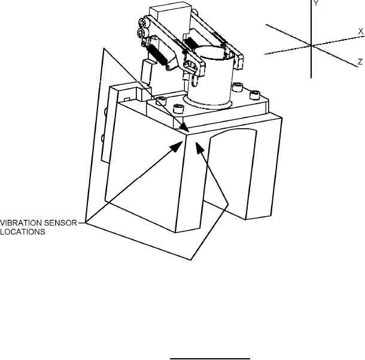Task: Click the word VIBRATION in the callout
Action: click(21, 223)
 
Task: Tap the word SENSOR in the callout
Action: click(60, 223)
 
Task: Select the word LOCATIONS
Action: click(23, 232)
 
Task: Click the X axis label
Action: click(361, 32)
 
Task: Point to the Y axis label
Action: click(316, 3)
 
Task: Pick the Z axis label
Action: click(360, 62)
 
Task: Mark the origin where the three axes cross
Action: click(311, 45)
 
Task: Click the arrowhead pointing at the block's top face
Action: click(184, 127)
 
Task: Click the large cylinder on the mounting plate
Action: click(211, 77)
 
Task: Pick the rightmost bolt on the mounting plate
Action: click(255, 95)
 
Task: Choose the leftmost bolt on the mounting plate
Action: click(162, 101)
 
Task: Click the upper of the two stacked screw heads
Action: click(142, 23)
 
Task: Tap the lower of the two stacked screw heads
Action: click(141, 32)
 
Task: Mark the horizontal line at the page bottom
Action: click(210, 359)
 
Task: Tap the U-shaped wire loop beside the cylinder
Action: click(194, 81)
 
